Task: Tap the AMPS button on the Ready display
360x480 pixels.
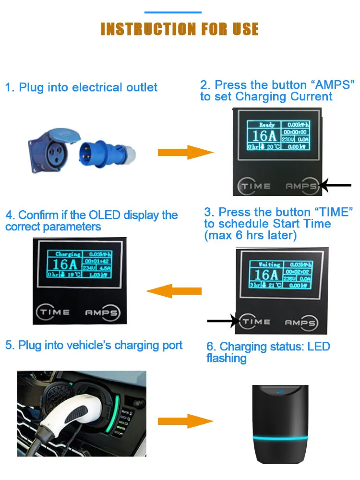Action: pos(301,186)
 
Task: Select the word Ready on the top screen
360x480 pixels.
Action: pos(267,125)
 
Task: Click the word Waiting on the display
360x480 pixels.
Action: pos(269,264)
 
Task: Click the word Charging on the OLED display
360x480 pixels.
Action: pos(68,254)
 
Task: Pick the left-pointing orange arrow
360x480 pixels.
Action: pos(174,291)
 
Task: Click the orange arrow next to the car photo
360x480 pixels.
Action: pos(185,421)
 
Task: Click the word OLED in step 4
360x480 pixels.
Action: pos(103,215)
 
